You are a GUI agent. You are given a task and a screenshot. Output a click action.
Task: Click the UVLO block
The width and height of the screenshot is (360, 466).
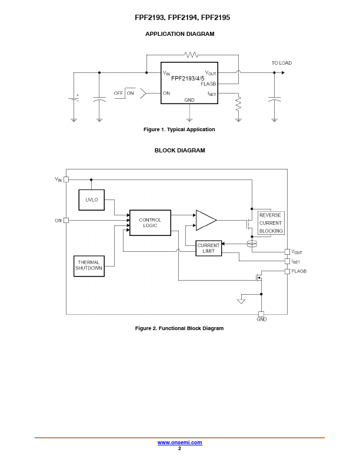tap(91, 200)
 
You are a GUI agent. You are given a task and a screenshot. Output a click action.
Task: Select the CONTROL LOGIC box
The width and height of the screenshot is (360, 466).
tap(150, 223)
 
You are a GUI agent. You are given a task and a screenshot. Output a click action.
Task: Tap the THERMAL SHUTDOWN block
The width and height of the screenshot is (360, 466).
tap(89, 265)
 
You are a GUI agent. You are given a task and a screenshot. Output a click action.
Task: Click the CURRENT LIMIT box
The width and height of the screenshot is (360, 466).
tap(208, 248)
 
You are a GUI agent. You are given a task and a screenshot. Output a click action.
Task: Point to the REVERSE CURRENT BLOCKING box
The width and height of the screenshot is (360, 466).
tap(271, 223)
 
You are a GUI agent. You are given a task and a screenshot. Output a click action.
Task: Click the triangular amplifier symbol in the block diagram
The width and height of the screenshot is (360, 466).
tap(205, 220)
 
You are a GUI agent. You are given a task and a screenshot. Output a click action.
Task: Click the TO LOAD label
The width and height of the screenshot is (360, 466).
tap(281, 63)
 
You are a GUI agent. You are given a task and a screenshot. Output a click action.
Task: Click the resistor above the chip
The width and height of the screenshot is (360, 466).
tap(191, 55)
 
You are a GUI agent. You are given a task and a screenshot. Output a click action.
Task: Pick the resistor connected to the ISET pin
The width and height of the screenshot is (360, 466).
tap(238, 105)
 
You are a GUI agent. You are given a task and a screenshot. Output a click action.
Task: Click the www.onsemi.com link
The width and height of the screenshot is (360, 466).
tap(179, 442)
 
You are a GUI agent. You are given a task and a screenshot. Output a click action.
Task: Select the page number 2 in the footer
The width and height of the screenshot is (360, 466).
tap(179, 448)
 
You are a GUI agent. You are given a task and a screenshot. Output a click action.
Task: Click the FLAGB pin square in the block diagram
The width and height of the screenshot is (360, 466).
tap(287, 271)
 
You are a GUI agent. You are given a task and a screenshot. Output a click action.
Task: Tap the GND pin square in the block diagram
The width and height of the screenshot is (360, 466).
tap(261, 314)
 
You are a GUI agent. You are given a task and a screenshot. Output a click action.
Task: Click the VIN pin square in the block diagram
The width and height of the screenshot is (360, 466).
tap(66, 179)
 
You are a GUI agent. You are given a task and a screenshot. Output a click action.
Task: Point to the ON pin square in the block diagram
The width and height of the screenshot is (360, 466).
tap(66, 221)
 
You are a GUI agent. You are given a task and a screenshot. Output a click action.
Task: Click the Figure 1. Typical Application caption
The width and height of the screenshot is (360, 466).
tap(179, 129)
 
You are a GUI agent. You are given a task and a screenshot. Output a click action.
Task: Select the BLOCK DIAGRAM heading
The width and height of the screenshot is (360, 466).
tap(179, 151)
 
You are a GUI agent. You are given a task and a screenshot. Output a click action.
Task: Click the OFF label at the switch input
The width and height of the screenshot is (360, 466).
tap(118, 93)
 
